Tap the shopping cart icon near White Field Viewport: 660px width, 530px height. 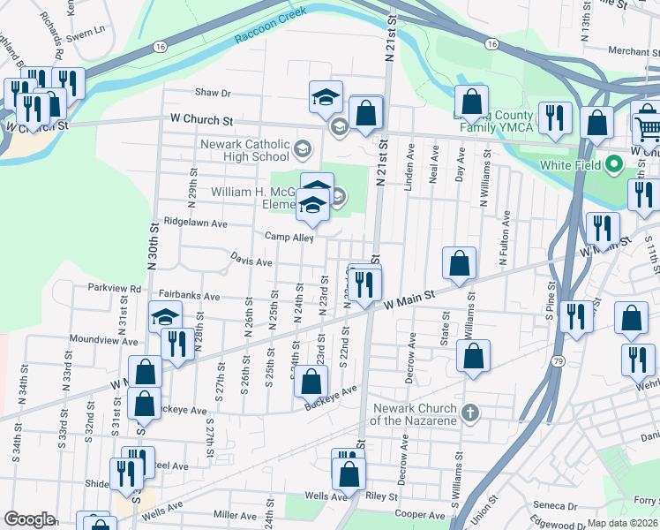(647, 129)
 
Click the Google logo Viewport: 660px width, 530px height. (29, 519)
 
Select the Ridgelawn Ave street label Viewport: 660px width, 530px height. (199, 223)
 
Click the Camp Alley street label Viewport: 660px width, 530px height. (289, 237)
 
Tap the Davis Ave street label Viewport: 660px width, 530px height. (251, 261)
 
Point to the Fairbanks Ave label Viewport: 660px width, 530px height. (189, 296)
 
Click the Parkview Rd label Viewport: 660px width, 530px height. (115, 288)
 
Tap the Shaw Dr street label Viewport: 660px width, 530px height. (213, 92)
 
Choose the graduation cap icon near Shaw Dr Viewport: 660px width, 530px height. (326, 96)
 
